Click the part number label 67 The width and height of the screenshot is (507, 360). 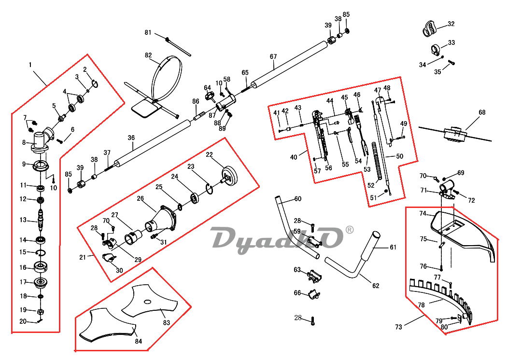click(x=273, y=56)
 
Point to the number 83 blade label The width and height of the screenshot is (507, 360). click(x=166, y=322)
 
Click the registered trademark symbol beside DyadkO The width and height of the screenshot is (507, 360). click(x=350, y=230)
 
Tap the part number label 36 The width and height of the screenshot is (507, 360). click(x=131, y=138)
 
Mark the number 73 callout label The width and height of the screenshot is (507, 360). click(x=398, y=327)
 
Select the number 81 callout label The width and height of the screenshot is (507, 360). click(x=148, y=32)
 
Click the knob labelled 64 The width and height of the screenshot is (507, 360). click(x=210, y=97)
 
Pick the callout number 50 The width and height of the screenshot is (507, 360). click(x=400, y=156)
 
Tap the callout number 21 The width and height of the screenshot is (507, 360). click(x=83, y=257)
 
